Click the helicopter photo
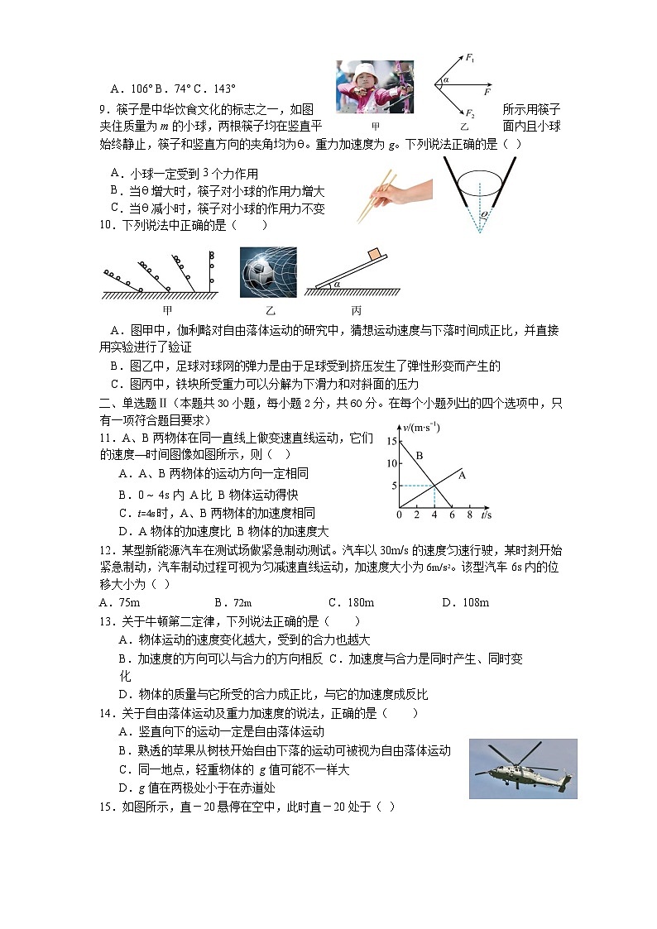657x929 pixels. tap(522, 769)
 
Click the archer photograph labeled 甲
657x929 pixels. tap(374, 87)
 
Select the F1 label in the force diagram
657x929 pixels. tap(470, 58)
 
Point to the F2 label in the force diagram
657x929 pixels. tap(470, 113)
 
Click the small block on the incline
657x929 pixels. tap(373, 254)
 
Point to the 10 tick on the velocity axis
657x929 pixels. tap(391, 463)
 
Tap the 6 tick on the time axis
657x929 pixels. tap(452, 515)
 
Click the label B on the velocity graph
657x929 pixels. tap(420, 455)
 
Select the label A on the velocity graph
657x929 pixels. tap(462, 475)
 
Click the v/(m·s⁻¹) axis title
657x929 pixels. tap(423, 427)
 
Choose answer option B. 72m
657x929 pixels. tap(233, 602)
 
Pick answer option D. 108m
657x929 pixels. tap(465, 602)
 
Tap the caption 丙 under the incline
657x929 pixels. tap(357, 311)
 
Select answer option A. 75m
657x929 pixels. tap(119, 602)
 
